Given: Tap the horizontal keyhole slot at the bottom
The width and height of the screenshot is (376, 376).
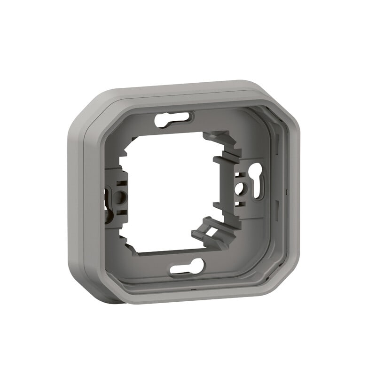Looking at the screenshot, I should (x=187, y=266).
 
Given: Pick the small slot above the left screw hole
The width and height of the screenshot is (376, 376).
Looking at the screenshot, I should (x=121, y=184).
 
